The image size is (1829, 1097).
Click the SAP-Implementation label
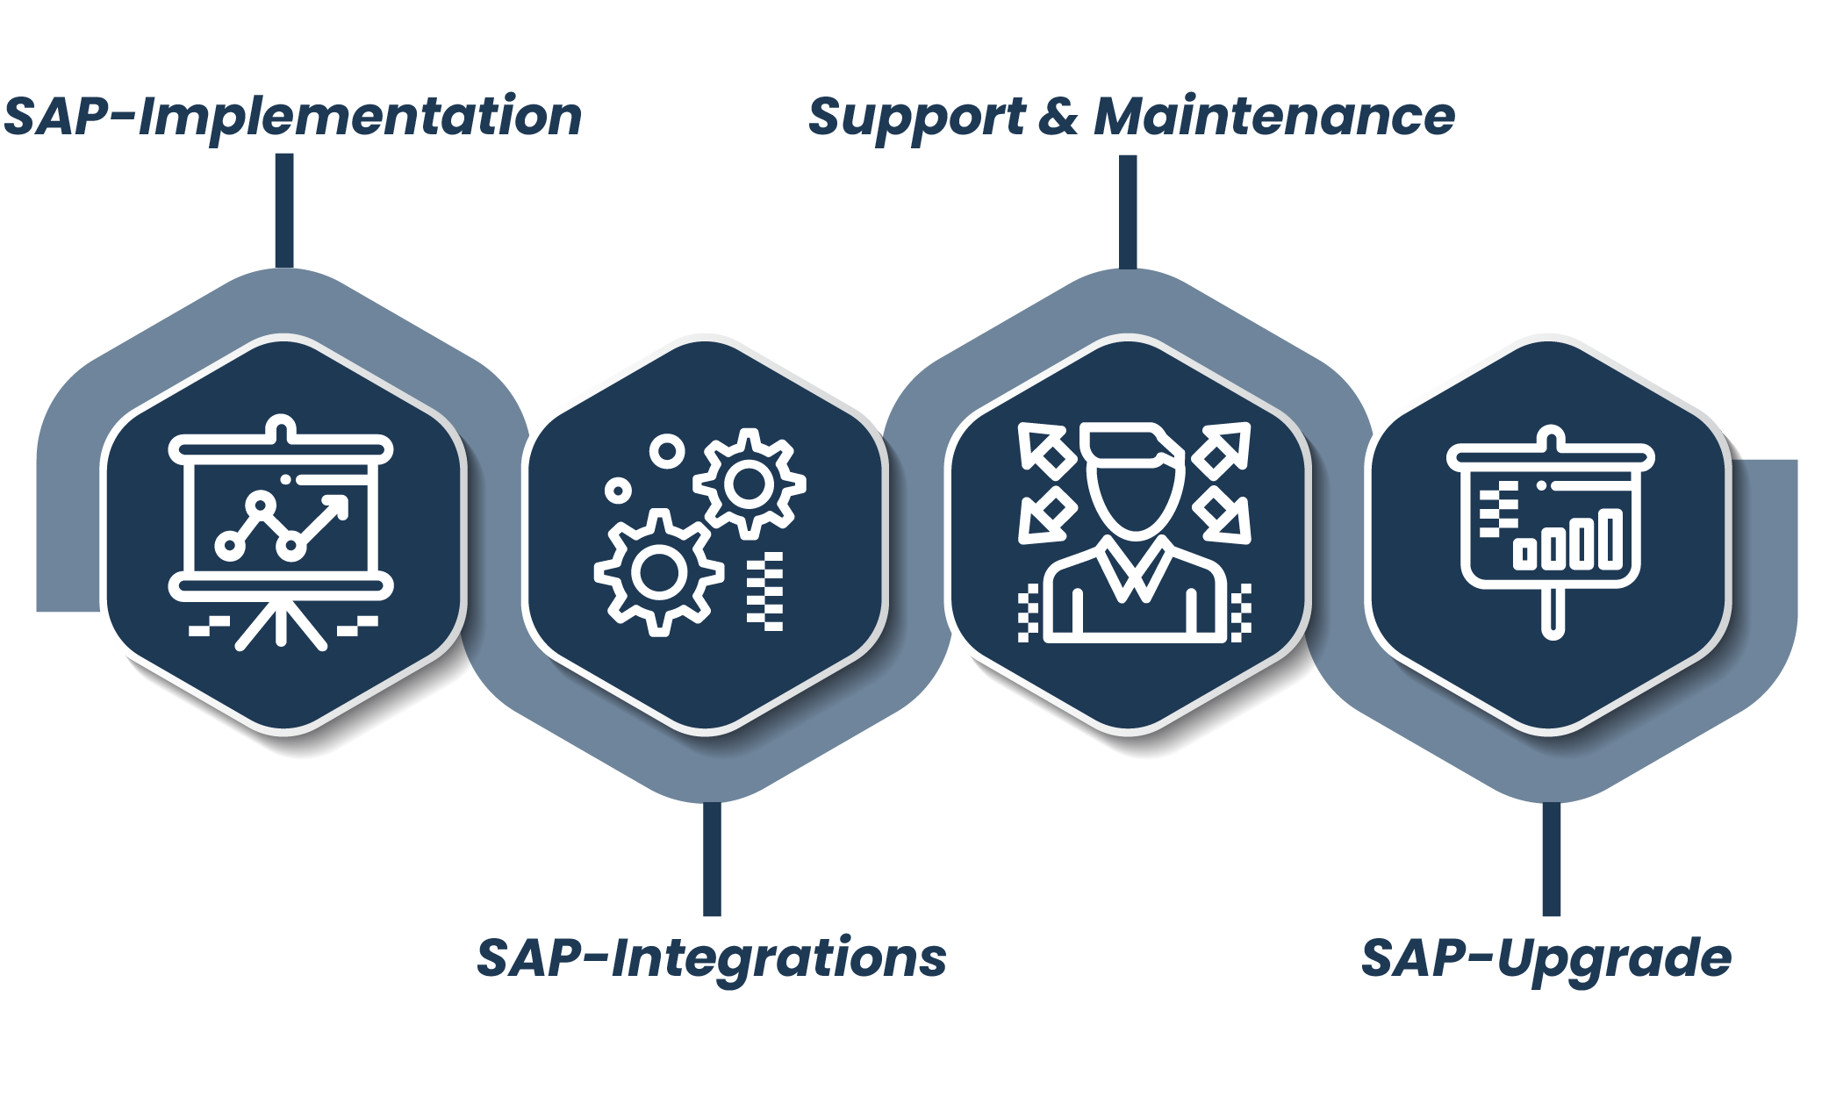292,117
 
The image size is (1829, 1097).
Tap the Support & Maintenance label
1130,117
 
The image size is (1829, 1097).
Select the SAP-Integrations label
711,957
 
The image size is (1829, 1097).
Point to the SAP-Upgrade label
1546,957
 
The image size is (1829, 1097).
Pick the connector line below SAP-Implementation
283,211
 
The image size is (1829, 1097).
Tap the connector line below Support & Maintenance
1128,211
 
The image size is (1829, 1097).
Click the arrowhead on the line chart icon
337,506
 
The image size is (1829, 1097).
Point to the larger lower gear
658,572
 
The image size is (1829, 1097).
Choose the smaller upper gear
749,484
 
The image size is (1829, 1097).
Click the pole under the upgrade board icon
1553,611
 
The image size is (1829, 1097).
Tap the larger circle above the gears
667,452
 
